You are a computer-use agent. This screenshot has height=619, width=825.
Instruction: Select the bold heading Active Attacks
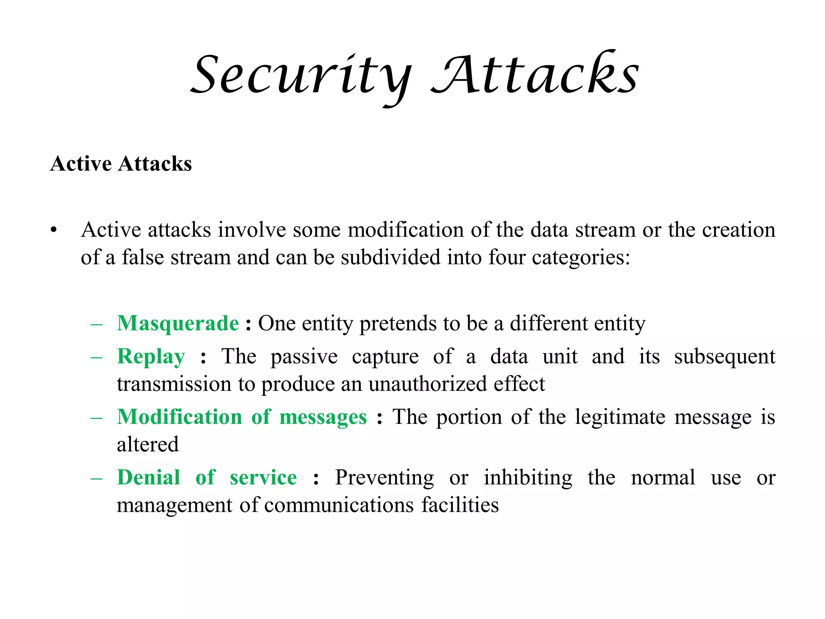coord(121,164)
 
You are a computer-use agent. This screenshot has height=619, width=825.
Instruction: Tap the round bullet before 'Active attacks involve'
coord(54,231)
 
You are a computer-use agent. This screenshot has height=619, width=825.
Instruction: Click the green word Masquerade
coord(178,323)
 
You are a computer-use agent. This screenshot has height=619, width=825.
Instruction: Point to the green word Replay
coord(151,357)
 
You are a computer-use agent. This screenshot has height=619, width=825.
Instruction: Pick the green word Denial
coord(148,478)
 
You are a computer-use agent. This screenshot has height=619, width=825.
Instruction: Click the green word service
coord(263,478)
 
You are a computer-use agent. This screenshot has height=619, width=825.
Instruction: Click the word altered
coord(147,445)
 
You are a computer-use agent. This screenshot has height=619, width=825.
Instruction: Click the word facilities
coord(460,505)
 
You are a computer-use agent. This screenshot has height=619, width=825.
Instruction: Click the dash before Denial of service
coord(97,478)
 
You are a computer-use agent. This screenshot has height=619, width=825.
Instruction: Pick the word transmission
coord(174,384)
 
